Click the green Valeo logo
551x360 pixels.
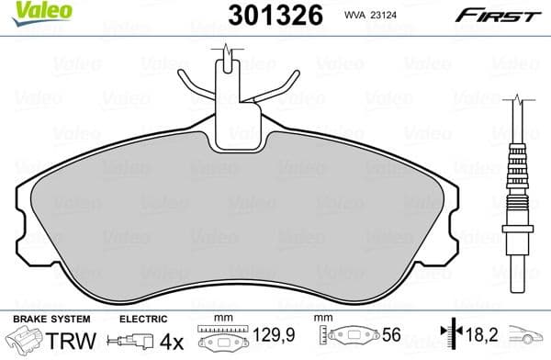click(x=27, y=12)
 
